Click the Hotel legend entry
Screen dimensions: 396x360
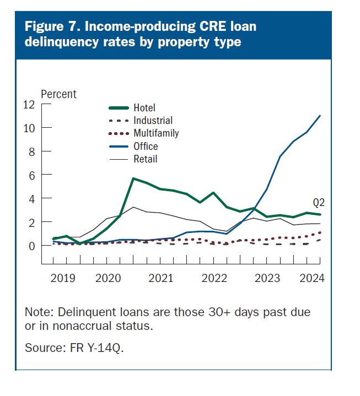click(144, 107)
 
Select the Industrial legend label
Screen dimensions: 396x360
click(153, 120)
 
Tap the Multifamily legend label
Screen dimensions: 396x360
click(156, 133)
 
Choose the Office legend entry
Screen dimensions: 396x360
click(146, 147)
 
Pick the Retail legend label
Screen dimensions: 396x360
click(145, 159)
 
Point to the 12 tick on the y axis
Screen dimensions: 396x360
click(28, 105)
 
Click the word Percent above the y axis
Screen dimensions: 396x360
click(59, 94)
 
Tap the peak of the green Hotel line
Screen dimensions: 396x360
click(133, 178)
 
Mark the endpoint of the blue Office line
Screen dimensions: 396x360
click(320, 116)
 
